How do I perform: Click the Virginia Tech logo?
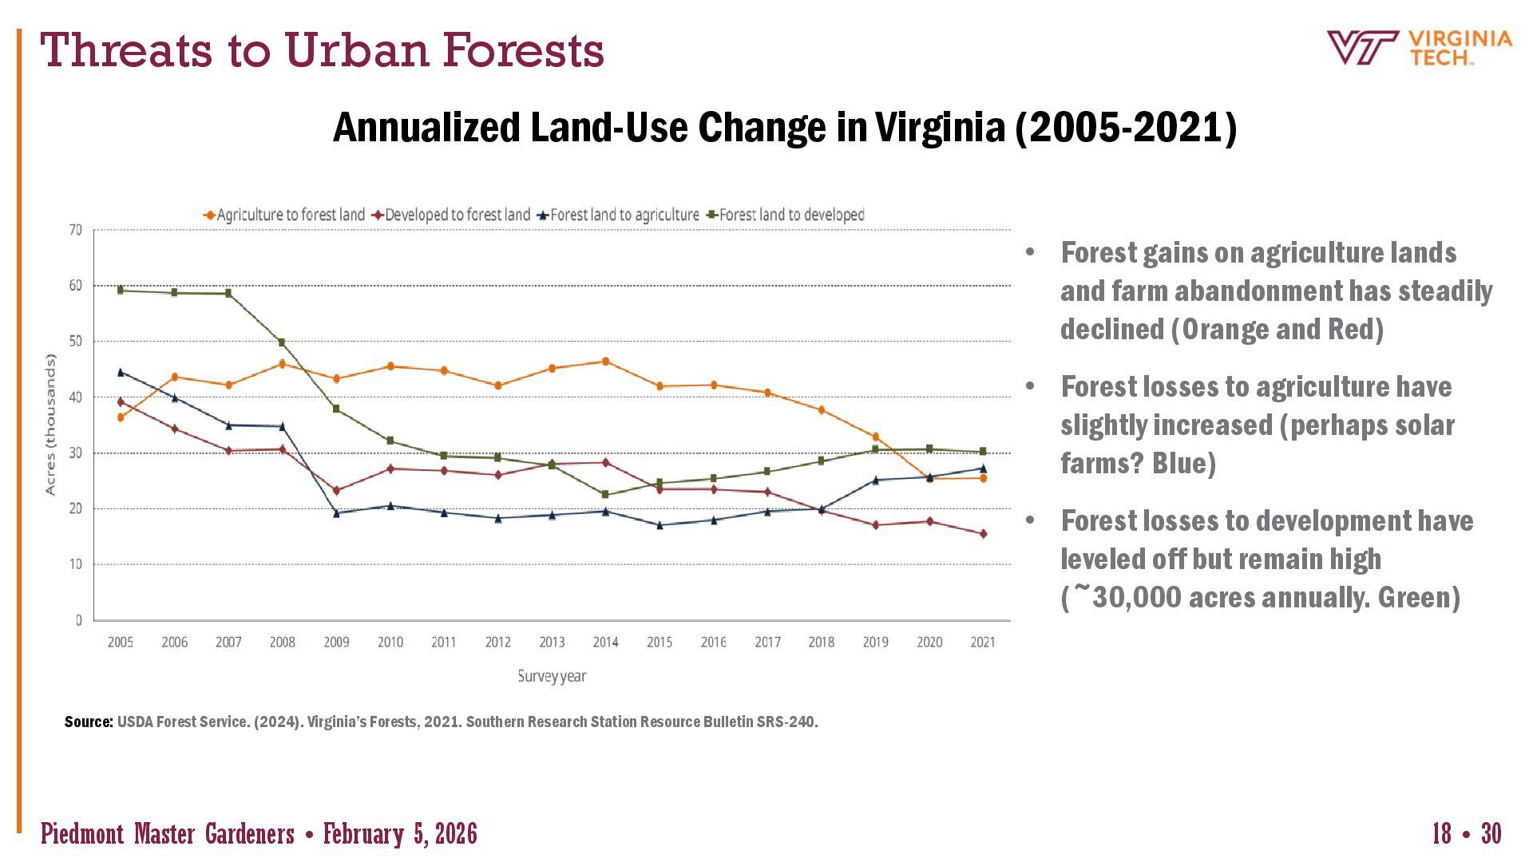[1419, 48]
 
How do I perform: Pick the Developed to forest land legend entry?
[452, 215]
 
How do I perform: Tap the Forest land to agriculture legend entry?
[619, 215]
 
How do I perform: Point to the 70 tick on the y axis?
[76, 230]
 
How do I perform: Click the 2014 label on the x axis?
[605, 642]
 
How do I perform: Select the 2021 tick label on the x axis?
[983, 642]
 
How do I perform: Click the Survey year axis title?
[552, 676]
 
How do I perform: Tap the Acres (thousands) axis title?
[51, 425]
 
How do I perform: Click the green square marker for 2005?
[121, 291]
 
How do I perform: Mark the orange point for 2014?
[605, 362]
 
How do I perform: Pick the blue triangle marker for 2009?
[336, 513]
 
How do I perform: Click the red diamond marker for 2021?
[983, 534]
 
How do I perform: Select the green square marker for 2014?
[605, 495]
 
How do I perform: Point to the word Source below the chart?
[88, 722]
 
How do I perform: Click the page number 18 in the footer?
[1441, 833]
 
